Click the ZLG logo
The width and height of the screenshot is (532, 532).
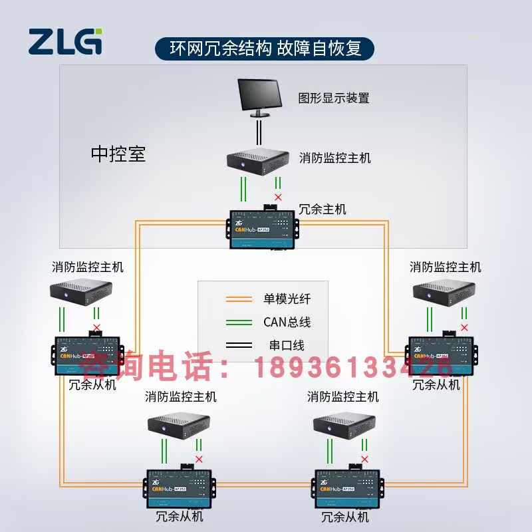click(x=65, y=41)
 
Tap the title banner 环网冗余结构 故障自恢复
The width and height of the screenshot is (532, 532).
click(x=265, y=49)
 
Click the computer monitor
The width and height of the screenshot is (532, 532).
click(x=261, y=97)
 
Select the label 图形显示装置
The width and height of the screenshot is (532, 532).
click(x=333, y=98)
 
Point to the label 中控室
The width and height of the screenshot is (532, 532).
click(x=118, y=154)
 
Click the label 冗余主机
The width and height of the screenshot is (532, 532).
click(x=323, y=209)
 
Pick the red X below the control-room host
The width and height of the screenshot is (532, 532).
click(x=278, y=198)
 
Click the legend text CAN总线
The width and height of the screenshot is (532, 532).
click(x=287, y=323)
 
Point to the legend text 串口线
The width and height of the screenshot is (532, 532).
click(x=283, y=346)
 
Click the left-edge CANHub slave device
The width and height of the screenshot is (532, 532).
click(x=88, y=356)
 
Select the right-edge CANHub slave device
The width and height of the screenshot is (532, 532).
click(x=441, y=356)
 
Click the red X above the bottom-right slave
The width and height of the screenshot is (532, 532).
click(x=364, y=459)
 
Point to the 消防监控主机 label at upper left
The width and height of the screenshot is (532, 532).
click(x=88, y=267)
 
